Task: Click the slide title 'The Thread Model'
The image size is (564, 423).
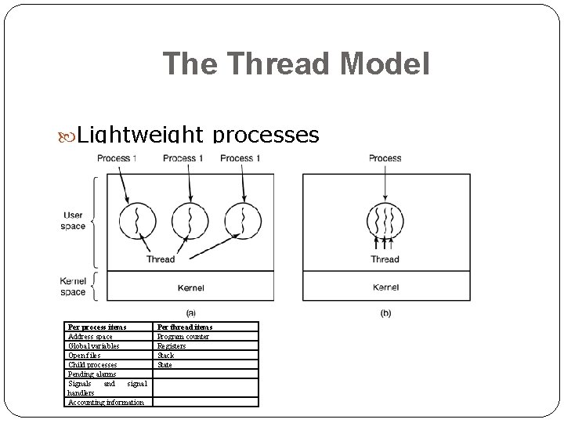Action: coord(296,64)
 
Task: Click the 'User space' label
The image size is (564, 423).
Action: coord(73,221)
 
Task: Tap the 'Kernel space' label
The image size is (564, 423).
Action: coord(73,287)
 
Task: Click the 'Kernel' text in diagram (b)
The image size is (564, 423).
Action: coord(386,287)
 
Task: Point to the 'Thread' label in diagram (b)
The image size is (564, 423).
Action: coord(385,259)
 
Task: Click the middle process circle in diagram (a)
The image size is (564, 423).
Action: coord(189,221)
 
